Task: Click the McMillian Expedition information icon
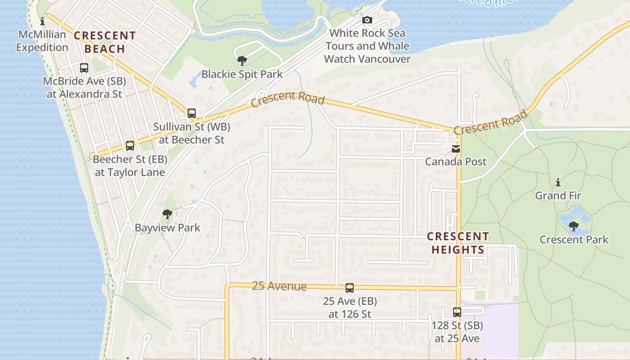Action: click(43, 21)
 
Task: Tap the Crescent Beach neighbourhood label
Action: click(104, 42)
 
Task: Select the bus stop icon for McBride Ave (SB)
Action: click(84, 68)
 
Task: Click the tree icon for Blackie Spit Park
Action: click(242, 60)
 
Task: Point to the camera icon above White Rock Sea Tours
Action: click(367, 20)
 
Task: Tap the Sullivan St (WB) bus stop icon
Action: click(192, 113)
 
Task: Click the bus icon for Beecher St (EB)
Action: click(130, 146)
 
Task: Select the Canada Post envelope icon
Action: click(456, 149)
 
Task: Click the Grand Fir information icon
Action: click(558, 182)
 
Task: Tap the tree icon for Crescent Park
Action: click(574, 226)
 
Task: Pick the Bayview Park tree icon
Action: click(167, 214)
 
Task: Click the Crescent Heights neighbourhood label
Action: click(457, 243)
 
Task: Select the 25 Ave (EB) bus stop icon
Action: click(350, 288)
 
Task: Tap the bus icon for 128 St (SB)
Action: click(457, 312)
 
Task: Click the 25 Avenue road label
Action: click(279, 286)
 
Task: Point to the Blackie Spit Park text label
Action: click(242, 74)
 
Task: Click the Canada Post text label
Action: click(456, 162)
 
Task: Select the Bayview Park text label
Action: click(167, 228)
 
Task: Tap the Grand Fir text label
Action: click(558, 196)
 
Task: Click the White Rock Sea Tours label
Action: click(367, 46)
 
